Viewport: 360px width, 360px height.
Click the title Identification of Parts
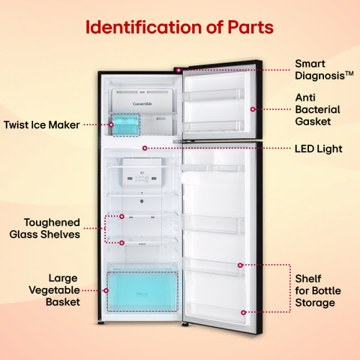(179, 27)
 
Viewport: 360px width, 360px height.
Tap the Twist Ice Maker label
(42, 124)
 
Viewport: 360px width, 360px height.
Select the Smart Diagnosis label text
(324, 70)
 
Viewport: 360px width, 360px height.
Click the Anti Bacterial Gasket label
(317, 109)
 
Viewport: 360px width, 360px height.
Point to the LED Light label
(319, 148)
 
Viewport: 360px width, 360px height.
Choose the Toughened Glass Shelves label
(45, 229)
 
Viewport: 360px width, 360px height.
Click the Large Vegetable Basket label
(55, 290)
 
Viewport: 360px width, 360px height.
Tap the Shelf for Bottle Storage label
(318, 290)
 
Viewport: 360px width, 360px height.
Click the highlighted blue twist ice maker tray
(125, 124)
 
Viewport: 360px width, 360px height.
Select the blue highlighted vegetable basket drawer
(142, 292)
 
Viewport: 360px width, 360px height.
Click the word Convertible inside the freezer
(142, 103)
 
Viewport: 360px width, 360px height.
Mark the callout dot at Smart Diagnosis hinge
(178, 70)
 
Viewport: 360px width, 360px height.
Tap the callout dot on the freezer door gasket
(253, 109)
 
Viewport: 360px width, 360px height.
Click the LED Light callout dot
(145, 148)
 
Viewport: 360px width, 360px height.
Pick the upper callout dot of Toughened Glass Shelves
(121, 217)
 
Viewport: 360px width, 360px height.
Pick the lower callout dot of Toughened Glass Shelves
(121, 243)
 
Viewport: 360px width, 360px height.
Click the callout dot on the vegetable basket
(106, 290)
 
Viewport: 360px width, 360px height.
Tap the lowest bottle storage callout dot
(243, 313)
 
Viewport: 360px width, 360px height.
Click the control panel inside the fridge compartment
(142, 172)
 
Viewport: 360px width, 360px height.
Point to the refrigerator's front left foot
(101, 322)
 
